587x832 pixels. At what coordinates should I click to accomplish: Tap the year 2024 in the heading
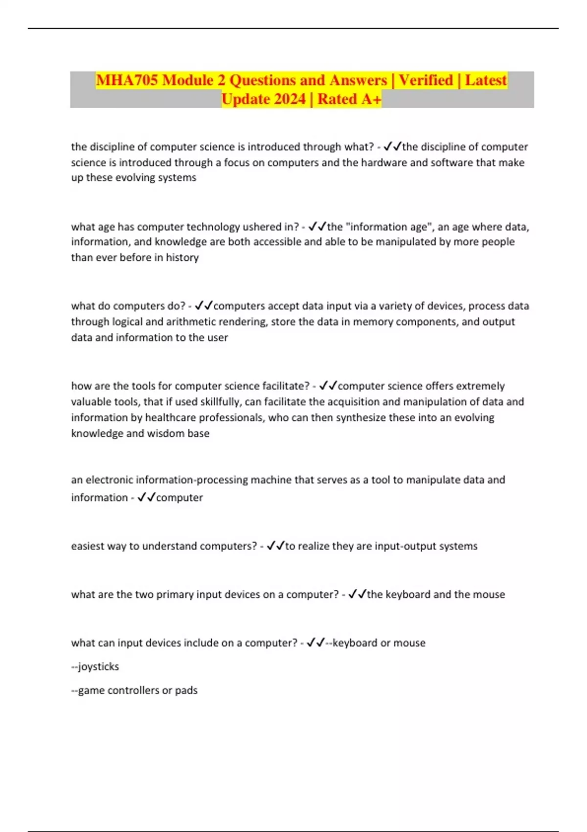[285, 99]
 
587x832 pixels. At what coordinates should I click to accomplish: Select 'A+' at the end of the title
[371, 99]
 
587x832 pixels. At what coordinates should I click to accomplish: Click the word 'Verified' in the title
[426, 80]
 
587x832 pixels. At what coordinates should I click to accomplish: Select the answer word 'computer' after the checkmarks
[180, 498]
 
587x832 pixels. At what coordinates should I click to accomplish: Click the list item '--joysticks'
[95, 667]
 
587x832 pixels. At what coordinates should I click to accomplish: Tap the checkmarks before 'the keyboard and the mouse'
[357, 595]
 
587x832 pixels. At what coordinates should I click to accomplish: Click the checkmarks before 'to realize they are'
[275, 546]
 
